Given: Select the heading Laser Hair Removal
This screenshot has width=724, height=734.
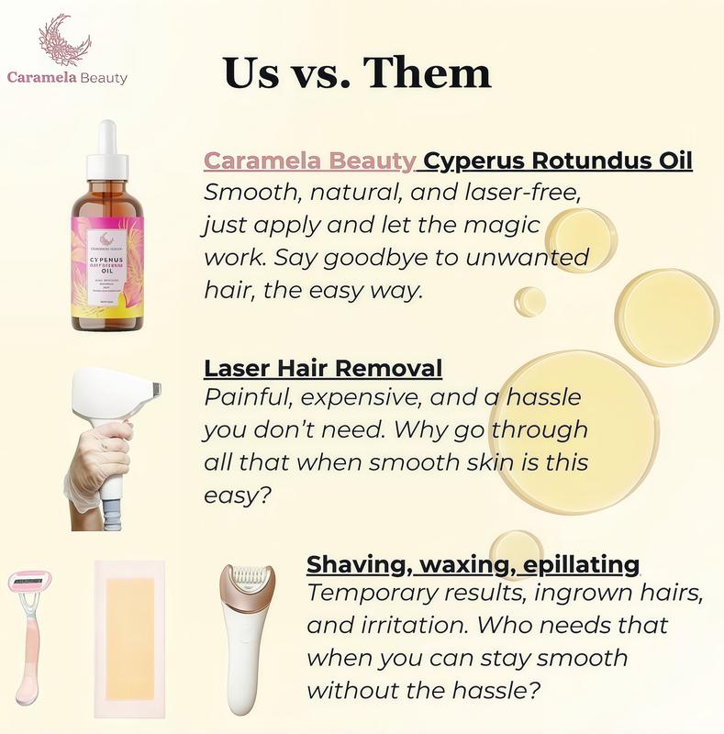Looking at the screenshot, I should tap(323, 369).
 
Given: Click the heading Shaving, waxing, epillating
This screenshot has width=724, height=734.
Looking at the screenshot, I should tap(473, 563).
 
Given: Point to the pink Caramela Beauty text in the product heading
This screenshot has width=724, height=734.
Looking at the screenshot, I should tap(309, 161).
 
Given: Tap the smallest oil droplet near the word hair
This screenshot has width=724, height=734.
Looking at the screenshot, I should tap(529, 301).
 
